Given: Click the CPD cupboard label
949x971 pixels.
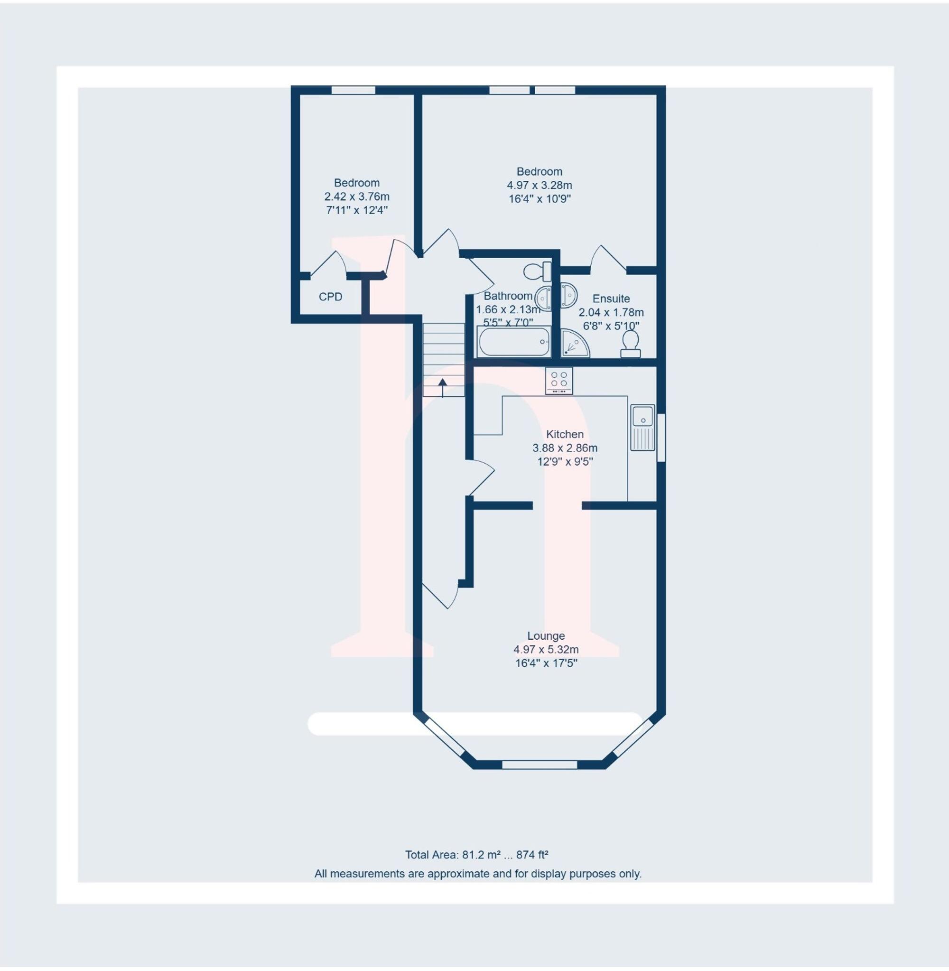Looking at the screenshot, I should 330,297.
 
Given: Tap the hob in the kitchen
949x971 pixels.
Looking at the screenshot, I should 559,381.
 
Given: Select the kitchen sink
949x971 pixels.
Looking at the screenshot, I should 642,428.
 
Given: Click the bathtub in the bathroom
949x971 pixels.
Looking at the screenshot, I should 514,342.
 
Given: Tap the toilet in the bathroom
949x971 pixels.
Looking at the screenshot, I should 537,271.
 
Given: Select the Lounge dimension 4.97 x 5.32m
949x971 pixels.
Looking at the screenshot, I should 546,650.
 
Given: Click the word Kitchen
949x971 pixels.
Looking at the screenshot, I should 565,434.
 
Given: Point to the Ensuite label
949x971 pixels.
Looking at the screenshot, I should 611,299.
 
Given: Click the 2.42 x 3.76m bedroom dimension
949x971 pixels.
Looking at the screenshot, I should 357,196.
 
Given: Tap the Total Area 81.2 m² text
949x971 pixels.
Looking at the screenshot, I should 476,855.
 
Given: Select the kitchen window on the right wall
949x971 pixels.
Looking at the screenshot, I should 661,438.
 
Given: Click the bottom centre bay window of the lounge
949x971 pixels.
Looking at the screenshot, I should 540,764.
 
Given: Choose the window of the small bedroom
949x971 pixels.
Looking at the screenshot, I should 354,90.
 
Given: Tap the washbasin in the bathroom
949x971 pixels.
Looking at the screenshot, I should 544,299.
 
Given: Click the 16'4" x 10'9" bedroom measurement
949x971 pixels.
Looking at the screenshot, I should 540,199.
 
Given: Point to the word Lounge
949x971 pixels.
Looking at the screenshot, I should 546,636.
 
